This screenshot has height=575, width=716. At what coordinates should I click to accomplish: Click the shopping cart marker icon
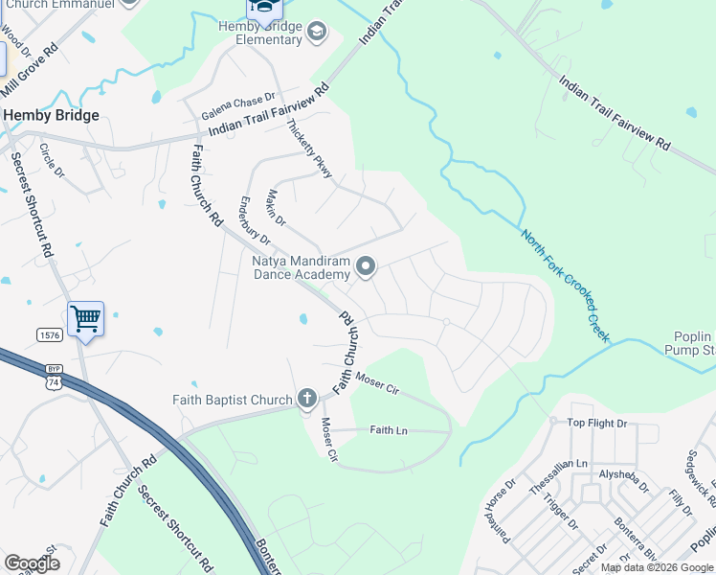[x=85, y=318]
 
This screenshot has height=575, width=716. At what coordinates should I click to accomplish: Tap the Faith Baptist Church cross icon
[x=307, y=398]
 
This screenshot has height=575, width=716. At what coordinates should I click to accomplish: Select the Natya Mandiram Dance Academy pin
[x=365, y=265]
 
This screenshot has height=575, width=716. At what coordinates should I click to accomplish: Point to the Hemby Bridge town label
[x=52, y=115]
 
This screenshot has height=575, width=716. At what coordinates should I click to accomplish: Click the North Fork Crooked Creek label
[x=565, y=285]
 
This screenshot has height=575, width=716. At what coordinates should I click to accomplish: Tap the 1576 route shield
[x=51, y=334]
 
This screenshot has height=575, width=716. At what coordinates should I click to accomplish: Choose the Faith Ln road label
[x=389, y=431]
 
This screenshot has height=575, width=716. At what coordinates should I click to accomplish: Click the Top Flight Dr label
[x=596, y=423]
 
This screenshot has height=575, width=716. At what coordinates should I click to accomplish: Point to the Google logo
[x=32, y=563]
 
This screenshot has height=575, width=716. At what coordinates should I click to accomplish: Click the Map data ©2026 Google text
[x=656, y=567]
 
